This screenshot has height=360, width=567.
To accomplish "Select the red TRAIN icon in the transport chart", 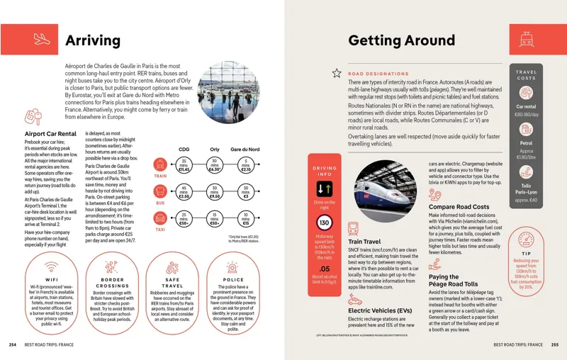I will pos(160,165).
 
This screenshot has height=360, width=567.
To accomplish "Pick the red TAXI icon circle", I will pos(160,218).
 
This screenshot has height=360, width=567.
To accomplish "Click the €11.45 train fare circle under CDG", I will pos(184,166).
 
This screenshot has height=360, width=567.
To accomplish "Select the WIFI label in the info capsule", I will pos(52,270).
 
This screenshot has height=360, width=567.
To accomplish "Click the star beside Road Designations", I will pos(337,73).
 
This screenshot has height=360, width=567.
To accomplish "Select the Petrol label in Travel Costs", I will pos(526,142).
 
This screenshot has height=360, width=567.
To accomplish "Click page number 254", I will pos(12,344).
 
